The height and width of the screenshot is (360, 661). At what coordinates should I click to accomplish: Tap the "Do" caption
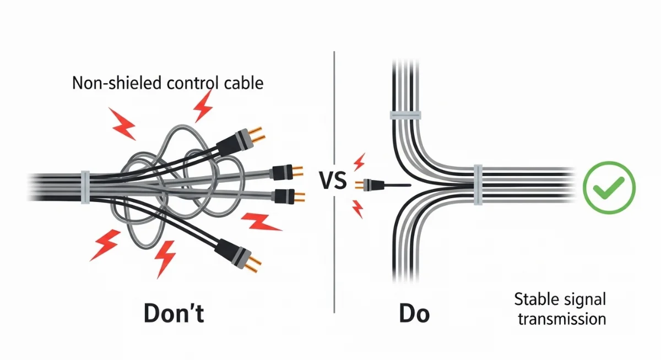click(x=414, y=313)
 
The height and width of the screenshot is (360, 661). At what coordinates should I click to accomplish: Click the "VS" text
click(x=333, y=181)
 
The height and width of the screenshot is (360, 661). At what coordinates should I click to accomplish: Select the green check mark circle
click(x=609, y=188)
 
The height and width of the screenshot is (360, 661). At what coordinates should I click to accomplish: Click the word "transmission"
click(x=561, y=319)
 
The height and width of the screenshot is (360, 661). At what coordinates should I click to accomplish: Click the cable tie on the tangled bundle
click(x=85, y=187)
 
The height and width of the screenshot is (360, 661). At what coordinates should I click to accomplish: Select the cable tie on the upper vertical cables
click(x=405, y=115)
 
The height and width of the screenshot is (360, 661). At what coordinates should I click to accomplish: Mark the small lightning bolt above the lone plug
click(x=359, y=162)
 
